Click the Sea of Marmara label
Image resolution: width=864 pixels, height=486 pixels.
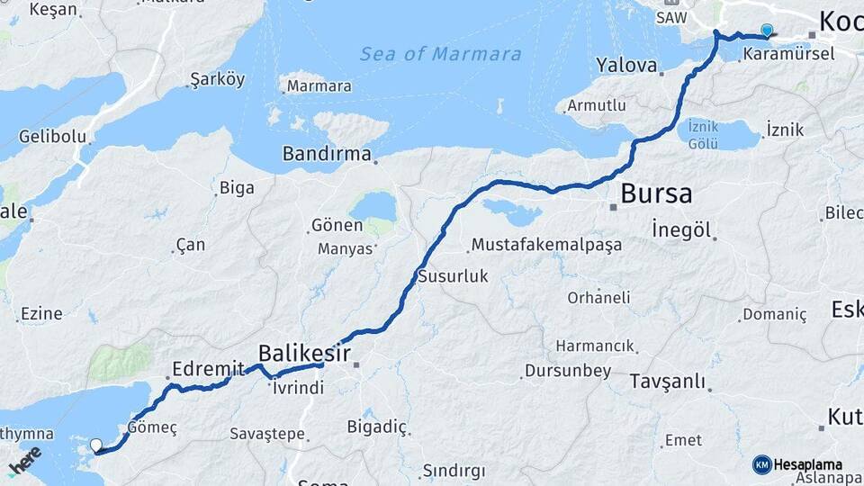pyautogui.click(x=440, y=54)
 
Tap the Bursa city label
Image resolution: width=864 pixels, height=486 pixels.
pyautogui.click(x=656, y=193)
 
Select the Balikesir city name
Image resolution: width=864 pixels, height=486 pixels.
pyautogui.click(x=304, y=352)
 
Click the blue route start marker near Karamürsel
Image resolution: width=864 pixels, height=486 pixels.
pyautogui.click(x=766, y=31)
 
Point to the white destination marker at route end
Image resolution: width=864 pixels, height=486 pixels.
pyautogui.click(x=96, y=445)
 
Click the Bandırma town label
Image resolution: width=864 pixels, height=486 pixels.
pyautogui.click(x=327, y=154)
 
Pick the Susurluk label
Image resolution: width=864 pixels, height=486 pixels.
pyautogui.click(x=453, y=276)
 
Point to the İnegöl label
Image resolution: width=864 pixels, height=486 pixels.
pyautogui.click(x=682, y=230)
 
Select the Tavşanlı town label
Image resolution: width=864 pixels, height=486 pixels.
pyautogui.click(x=667, y=381)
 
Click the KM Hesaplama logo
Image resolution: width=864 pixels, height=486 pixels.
pyautogui.click(x=797, y=464)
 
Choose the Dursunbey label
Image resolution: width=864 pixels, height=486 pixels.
pyautogui.click(x=568, y=370)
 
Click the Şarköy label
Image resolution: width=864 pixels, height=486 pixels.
pyautogui.click(x=217, y=79)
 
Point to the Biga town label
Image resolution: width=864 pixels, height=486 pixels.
pyautogui.click(x=237, y=188)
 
